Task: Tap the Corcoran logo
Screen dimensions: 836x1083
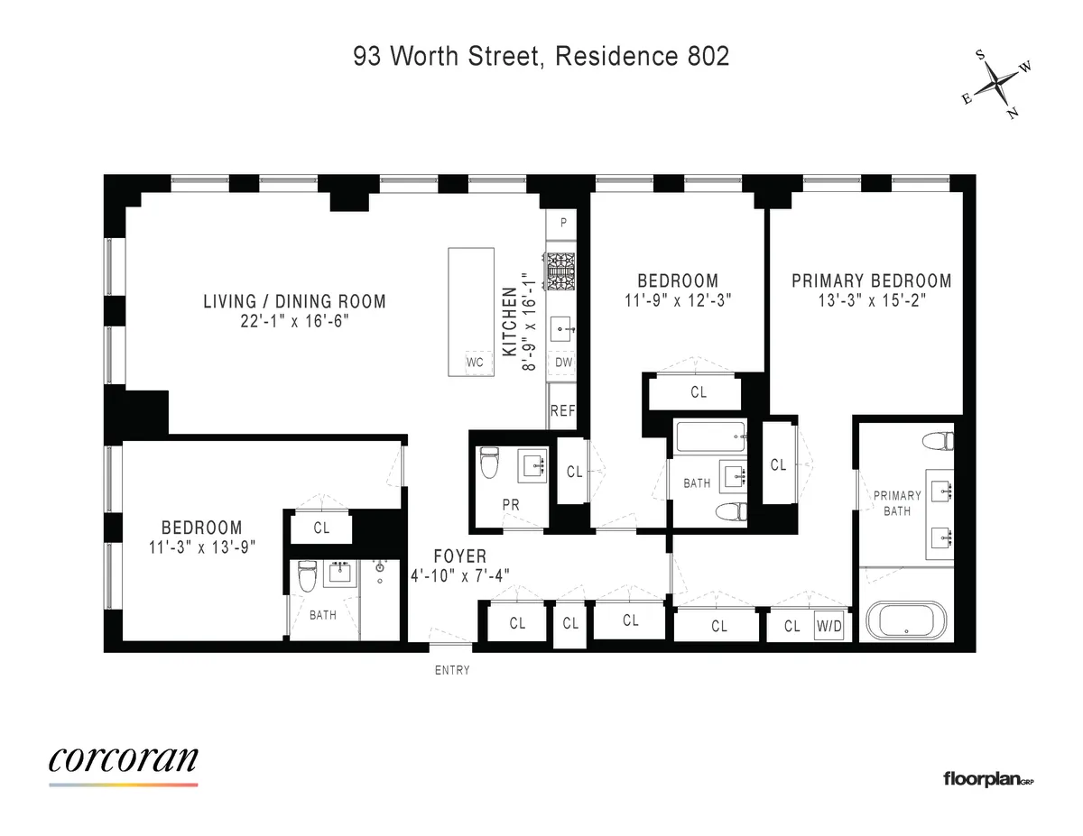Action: point(123,760)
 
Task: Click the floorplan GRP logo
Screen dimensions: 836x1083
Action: point(987,778)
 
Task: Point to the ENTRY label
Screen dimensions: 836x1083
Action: point(452,670)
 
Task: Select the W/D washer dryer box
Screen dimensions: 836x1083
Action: point(828,626)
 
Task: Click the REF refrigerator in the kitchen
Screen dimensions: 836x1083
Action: point(562,411)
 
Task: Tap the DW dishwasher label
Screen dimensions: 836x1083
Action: point(563,363)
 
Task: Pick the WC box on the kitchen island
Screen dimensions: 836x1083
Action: point(476,363)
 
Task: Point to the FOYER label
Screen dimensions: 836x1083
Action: point(459,556)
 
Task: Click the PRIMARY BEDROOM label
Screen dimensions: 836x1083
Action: point(871,280)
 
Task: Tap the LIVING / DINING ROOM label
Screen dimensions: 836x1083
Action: point(294,301)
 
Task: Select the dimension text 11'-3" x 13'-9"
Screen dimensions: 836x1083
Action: point(201,546)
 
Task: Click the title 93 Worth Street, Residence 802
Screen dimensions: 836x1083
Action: point(541,56)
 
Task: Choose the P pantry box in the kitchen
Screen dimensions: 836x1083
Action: point(563,222)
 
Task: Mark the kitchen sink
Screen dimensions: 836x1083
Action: point(561,330)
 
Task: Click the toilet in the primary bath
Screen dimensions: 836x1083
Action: point(939,442)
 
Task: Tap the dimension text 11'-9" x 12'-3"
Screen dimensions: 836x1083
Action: point(678,299)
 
